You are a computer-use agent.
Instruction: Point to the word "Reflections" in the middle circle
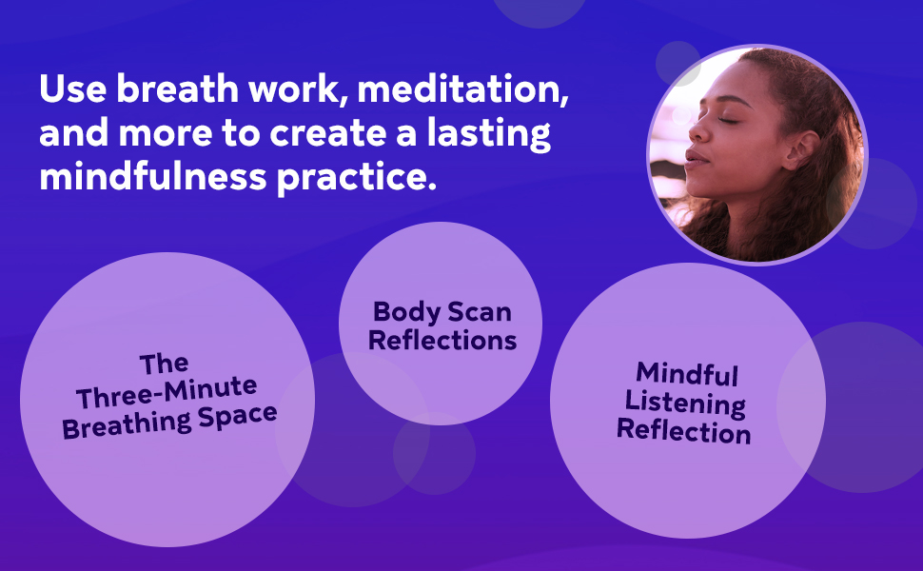[442, 340]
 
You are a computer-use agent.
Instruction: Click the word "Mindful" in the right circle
[687, 372]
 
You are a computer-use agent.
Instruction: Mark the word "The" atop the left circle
[164, 364]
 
